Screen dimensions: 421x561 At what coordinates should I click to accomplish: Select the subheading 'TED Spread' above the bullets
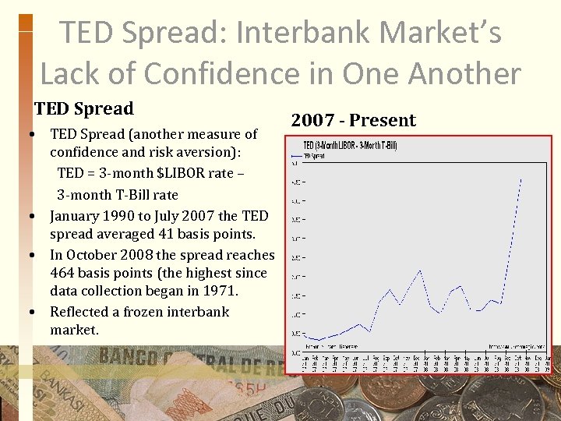coord(84,108)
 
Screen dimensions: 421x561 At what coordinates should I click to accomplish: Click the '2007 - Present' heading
coord(354,120)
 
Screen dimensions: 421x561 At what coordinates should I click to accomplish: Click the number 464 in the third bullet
coord(63,273)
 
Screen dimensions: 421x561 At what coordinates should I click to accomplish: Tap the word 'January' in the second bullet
coord(76,215)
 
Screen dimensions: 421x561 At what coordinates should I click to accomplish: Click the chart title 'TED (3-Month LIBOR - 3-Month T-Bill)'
coord(350,146)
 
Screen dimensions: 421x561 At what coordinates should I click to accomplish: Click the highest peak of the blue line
coord(520,180)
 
